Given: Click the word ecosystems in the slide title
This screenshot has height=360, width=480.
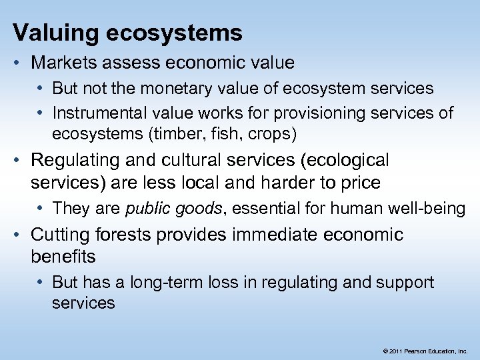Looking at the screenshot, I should pyautogui.click(x=173, y=32).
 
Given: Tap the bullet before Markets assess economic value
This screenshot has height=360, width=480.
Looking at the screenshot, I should pyautogui.click(x=19, y=63).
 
